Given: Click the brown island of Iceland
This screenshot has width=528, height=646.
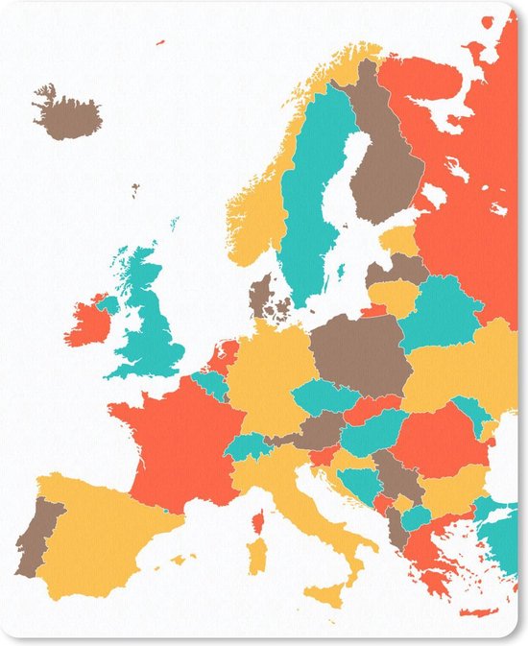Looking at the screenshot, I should click(67, 113).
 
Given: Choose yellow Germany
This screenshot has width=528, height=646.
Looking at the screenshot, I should click(269, 374).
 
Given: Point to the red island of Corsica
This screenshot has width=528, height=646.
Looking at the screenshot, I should click(257, 523).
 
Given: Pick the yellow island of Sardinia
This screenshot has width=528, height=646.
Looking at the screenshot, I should click(256, 557).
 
